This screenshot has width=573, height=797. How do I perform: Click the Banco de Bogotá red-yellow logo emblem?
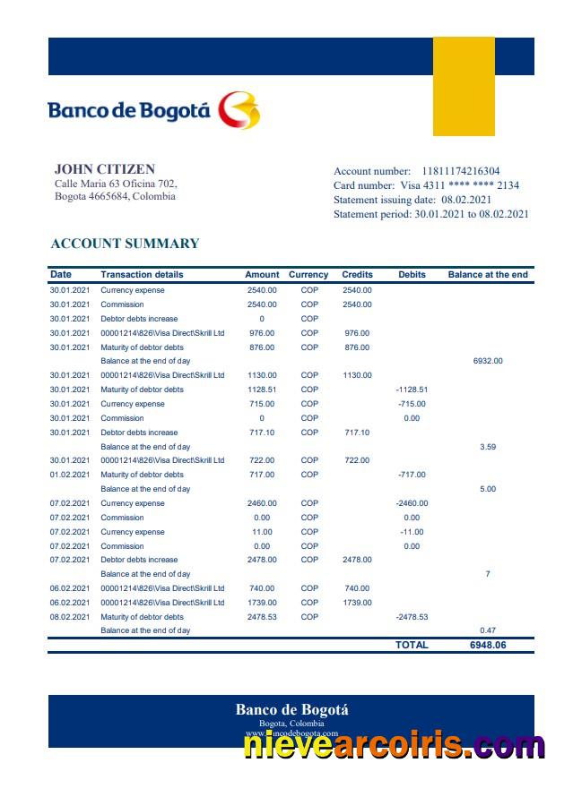coord(239,110)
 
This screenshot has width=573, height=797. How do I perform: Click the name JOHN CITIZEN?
coord(105,168)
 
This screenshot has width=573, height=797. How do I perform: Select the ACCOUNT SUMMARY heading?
coord(125,244)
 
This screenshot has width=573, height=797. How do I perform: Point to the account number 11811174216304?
coord(461,171)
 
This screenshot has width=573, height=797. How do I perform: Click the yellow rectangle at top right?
coord(464,86)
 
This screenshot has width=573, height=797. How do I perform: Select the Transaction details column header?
coord(142,275)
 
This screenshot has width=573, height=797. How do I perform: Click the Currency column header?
coord(308,275)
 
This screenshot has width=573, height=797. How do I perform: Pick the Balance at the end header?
coord(488,275)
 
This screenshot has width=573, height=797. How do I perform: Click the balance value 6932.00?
coord(488,361)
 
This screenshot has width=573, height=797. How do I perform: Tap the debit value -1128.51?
coord(412,390)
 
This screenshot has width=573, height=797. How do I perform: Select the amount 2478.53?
coord(262,617)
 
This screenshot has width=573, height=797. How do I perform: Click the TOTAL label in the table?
coord(412,645)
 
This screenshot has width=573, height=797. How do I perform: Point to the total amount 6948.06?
coord(488,645)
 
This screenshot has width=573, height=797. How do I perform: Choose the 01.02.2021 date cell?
coord(70,475)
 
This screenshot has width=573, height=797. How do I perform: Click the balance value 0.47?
coord(488,630)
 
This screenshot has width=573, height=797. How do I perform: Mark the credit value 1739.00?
coord(357,603)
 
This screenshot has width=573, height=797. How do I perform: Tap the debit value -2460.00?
coord(412,503)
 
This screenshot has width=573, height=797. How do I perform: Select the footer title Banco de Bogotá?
coord(291,710)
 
